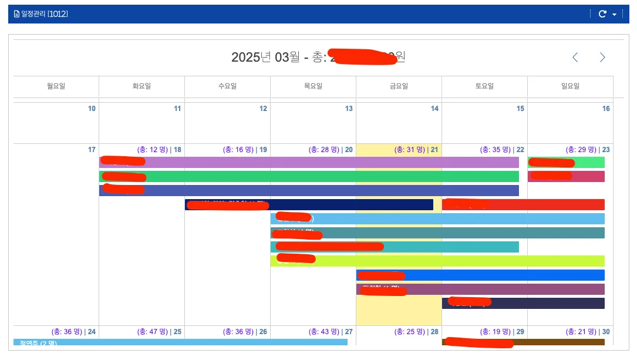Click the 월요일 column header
[56, 86]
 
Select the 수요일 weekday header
[227, 86]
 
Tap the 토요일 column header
[484, 86]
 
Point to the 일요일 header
[570, 86]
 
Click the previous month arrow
[575, 57]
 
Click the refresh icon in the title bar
[602, 14]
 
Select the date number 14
[434, 109]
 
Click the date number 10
[92, 109]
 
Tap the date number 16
[606, 109]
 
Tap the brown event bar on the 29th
[558, 342]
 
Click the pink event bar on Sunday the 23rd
[587, 177]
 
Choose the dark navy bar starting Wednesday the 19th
[352, 204]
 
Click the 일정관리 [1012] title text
[44, 14]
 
